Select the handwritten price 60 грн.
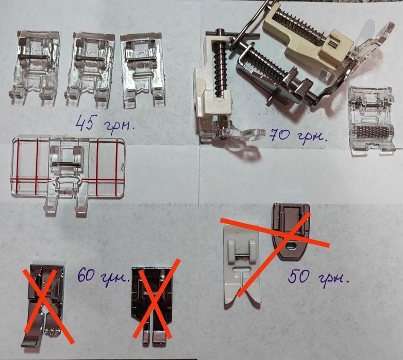pyautogui.click(x=103, y=276)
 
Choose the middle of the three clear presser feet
pyautogui.click(x=90, y=69)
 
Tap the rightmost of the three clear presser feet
pyautogui.click(x=143, y=70)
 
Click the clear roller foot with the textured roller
pyautogui.click(x=372, y=121)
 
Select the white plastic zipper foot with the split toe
pyautogui.click(x=242, y=265)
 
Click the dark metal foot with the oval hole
pyautogui.click(x=291, y=231)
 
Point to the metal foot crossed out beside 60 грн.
pyautogui.click(x=152, y=303)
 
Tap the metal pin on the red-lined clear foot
pyautogui.click(x=65, y=164)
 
